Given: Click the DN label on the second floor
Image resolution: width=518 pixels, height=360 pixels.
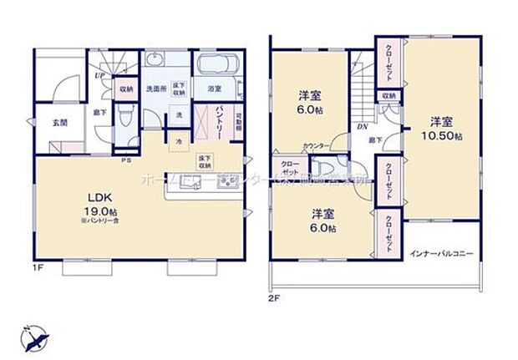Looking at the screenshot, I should [363, 126].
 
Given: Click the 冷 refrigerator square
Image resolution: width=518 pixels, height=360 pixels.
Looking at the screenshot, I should [179, 141].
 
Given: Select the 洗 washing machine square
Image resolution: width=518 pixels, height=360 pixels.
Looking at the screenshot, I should [179, 114].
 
